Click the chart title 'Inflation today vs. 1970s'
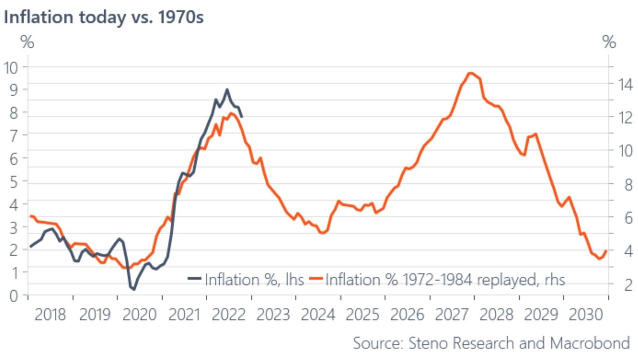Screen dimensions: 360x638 [x=104, y=17]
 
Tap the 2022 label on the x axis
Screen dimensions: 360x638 [x=228, y=315]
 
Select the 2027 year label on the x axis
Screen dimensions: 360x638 [x=451, y=315]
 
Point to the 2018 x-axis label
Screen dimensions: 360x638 [x=50, y=315]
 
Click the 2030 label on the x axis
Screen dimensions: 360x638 [x=585, y=315]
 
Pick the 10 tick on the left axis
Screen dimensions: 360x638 [x=11, y=68]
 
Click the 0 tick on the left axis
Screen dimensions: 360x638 [x=14, y=296]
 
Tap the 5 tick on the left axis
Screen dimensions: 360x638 [x=14, y=182]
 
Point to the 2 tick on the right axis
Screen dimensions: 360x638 [x=628, y=285]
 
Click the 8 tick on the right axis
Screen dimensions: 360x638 [x=628, y=185]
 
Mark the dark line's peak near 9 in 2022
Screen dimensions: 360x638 [x=227, y=89]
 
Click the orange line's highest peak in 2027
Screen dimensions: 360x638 [x=471, y=73]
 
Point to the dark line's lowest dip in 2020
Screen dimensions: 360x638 [x=134, y=289]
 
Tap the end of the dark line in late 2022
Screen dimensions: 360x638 [x=242, y=116]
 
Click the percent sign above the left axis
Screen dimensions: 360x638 [x=27, y=42]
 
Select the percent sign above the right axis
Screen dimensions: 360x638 [x=609, y=42]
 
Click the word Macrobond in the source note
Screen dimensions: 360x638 [x=590, y=343]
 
